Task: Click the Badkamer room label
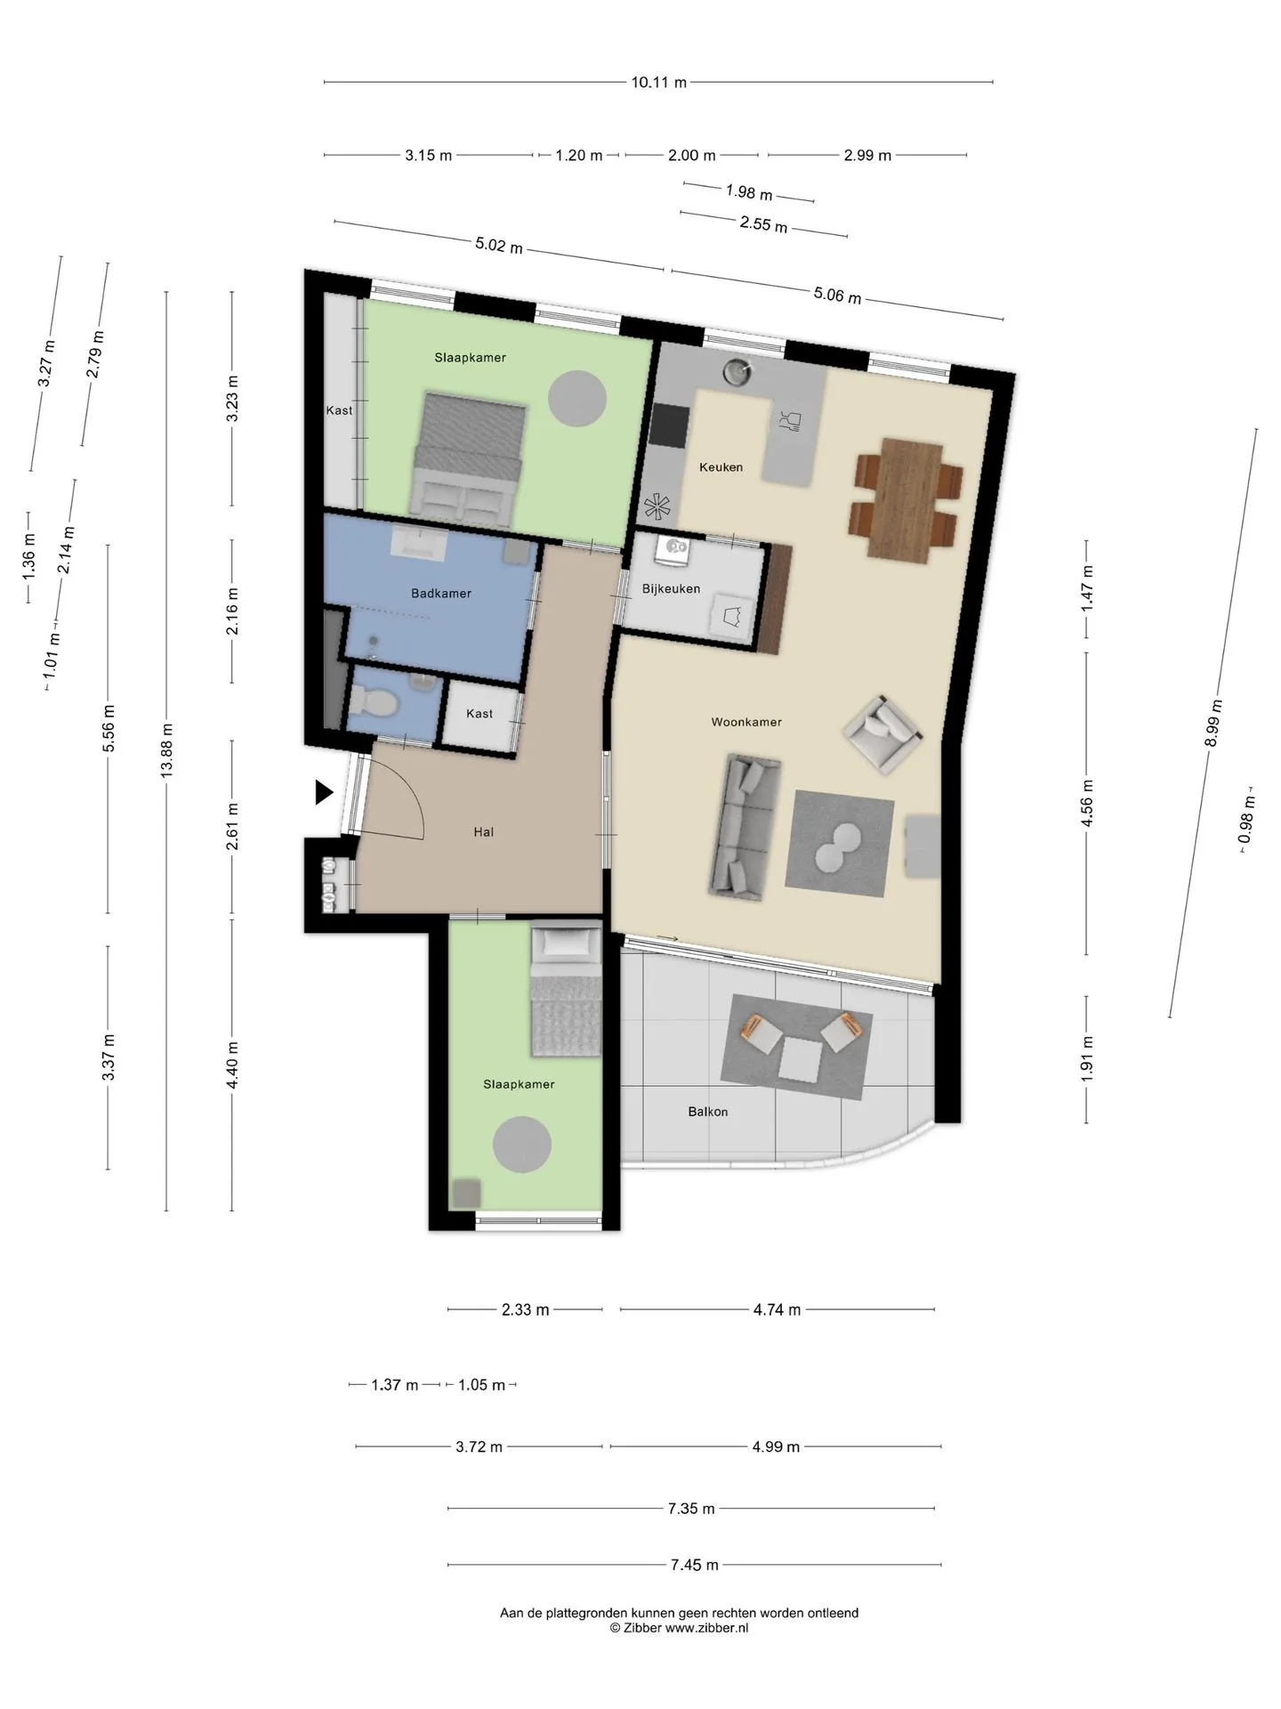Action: [x=441, y=594]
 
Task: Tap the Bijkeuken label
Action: [x=671, y=589]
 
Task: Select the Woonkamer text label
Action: [x=746, y=722]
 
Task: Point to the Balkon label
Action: [x=708, y=1112]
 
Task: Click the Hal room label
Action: [x=484, y=832]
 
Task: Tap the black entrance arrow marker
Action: [x=325, y=792]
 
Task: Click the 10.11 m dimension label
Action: [x=659, y=83]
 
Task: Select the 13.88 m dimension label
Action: [x=166, y=751]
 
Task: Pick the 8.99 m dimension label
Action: [x=1214, y=724]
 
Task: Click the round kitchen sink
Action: [x=737, y=371]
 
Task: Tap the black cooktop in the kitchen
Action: [x=669, y=425]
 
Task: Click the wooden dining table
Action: [x=905, y=499]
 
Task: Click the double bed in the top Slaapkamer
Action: [x=469, y=459]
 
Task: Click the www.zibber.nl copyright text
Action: [x=680, y=1627]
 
